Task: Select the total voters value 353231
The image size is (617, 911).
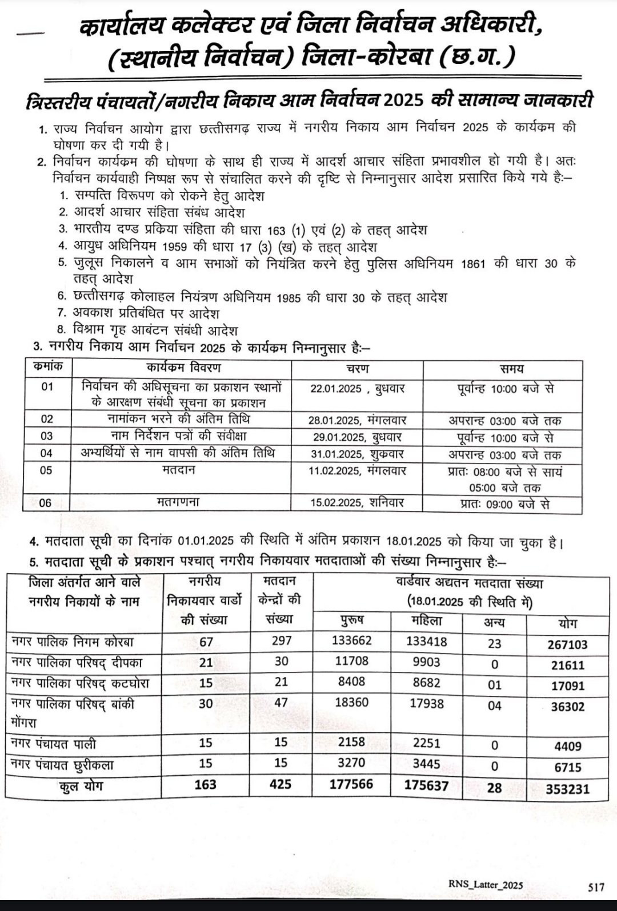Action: click(x=567, y=789)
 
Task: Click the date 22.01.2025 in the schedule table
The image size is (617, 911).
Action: click(x=336, y=389)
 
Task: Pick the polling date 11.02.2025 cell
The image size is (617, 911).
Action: click(x=336, y=471)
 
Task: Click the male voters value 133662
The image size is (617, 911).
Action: click(x=351, y=640)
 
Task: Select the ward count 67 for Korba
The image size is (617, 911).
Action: click(x=206, y=642)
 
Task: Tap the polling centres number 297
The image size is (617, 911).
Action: click(x=282, y=640)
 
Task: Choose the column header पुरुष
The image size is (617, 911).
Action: click(x=351, y=620)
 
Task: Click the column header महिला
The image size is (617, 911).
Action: click(x=426, y=620)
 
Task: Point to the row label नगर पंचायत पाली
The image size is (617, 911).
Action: click(x=54, y=744)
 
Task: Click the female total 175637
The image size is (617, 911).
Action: click(x=426, y=785)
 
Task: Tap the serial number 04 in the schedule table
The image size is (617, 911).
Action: click(x=46, y=453)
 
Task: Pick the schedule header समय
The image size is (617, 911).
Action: click(x=511, y=369)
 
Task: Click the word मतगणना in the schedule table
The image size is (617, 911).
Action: click(x=178, y=502)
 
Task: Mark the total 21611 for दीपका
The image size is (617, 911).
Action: click(x=567, y=665)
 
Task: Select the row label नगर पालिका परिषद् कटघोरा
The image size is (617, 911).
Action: click(x=80, y=683)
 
